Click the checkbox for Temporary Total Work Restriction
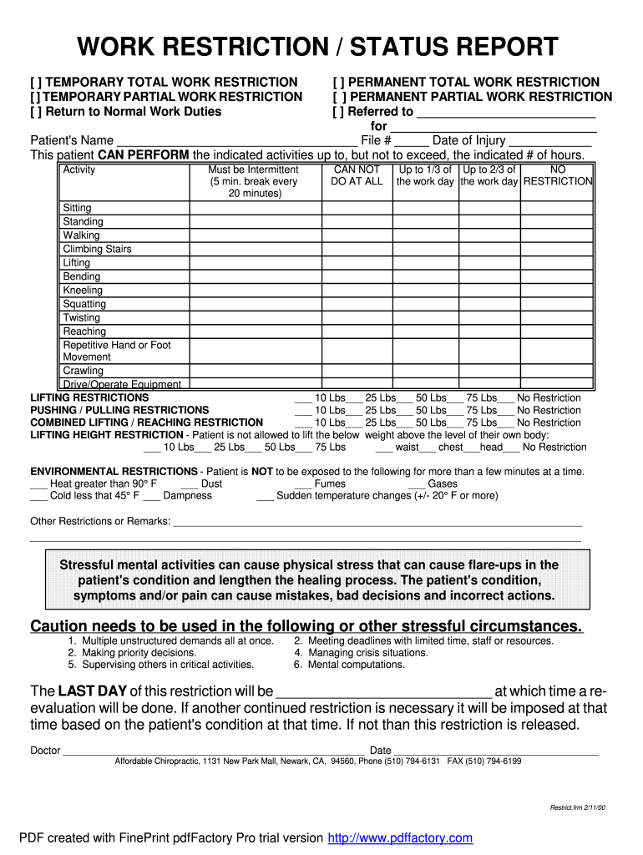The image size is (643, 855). click(36, 82)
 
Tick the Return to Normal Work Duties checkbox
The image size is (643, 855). click(36, 112)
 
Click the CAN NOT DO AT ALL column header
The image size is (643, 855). click(357, 175)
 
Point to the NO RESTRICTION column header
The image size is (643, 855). click(558, 175)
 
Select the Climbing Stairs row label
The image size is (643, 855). click(97, 249)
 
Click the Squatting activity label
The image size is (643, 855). click(84, 304)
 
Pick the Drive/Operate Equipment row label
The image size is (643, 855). click(122, 384)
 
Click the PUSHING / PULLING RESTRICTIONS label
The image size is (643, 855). click(119, 410)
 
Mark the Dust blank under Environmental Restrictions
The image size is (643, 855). click(190, 483)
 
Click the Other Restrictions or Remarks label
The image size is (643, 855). click(100, 522)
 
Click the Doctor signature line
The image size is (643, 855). click(213, 750)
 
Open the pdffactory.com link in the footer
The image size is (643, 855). click(400, 838)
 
